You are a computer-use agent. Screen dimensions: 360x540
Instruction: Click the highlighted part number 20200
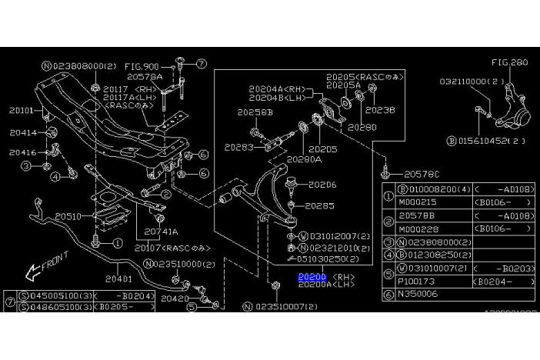[312, 277]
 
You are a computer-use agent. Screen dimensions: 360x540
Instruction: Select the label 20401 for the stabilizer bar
[119, 278]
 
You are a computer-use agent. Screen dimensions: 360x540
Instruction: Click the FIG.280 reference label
[510, 62]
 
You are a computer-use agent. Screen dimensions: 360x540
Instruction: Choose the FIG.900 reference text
[142, 67]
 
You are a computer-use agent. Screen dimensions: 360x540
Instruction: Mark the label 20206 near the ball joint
[322, 185]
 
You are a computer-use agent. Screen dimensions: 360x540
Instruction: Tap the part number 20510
[68, 217]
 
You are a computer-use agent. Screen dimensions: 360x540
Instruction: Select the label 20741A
[160, 231]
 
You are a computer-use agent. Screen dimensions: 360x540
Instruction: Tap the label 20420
[175, 297]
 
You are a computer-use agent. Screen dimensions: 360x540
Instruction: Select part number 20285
[319, 206]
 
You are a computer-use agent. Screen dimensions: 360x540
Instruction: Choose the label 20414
[23, 133]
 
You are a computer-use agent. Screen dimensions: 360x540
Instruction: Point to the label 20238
[380, 110]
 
